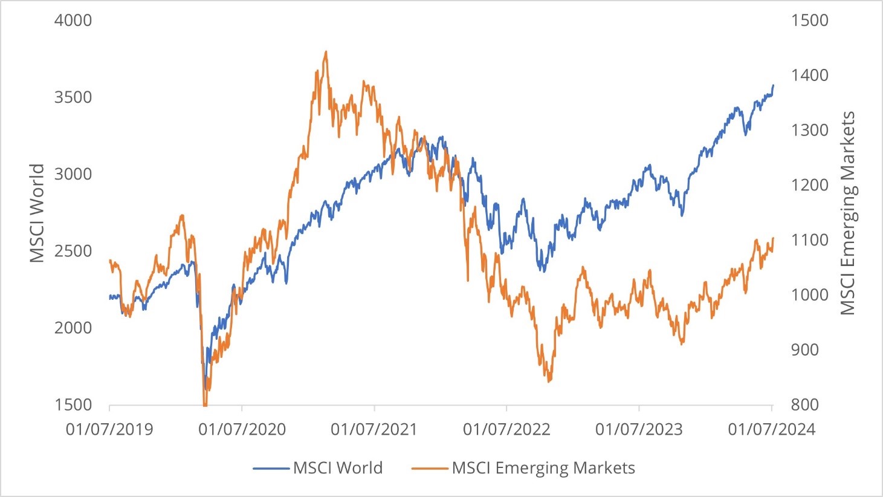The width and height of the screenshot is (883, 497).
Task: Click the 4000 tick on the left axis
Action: pos(73,21)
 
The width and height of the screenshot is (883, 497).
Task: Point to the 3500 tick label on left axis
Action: pos(73,97)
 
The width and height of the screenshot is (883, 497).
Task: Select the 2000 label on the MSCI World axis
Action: pos(73,328)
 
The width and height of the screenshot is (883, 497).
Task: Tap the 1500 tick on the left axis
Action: pos(73,404)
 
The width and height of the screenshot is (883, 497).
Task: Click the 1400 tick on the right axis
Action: pos(809,76)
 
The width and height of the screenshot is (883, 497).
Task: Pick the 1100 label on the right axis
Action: pos(809,240)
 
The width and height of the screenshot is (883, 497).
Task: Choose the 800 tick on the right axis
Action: pos(805,404)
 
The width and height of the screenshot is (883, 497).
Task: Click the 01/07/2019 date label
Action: pos(109,430)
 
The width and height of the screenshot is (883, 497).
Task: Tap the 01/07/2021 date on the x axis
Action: pos(374,430)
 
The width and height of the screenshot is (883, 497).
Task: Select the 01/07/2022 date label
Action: pos(506,430)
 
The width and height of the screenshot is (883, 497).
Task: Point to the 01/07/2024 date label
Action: pos(772,430)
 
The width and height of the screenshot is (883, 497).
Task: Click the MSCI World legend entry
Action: pos(337,468)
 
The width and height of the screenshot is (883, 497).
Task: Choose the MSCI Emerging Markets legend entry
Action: pos(543,468)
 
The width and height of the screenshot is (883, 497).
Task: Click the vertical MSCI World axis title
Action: pos(37,213)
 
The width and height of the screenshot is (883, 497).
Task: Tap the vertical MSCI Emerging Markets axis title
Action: pos(848,213)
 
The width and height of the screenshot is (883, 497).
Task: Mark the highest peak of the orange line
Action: pos(326,51)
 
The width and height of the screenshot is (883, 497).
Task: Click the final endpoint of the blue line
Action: pos(773,85)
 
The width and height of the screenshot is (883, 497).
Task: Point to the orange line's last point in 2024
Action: pos(773,238)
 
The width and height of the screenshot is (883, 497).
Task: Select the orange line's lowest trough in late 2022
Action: pos(549,382)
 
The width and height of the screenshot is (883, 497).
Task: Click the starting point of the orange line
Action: pos(109,260)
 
